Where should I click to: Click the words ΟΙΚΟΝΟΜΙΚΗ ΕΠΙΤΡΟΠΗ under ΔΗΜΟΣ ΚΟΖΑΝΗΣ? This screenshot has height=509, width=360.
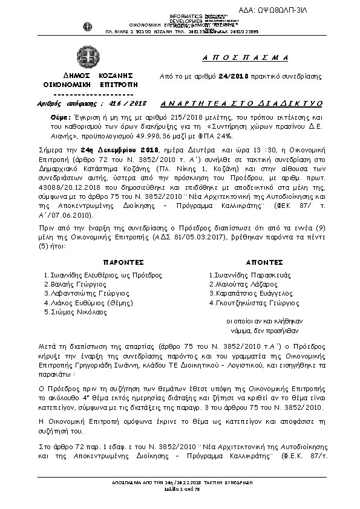pyautogui.click(x=89, y=86)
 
